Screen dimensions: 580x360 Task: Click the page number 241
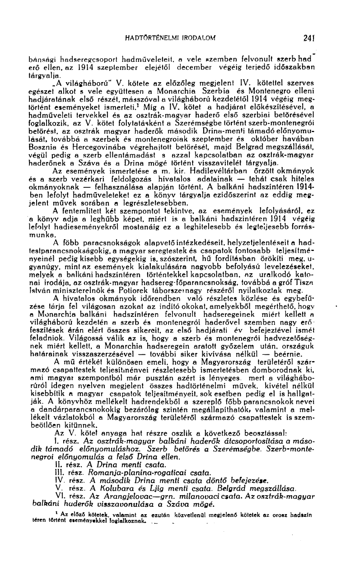pyautogui.click(x=309, y=37)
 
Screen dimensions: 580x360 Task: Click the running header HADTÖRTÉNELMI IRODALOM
pyautogui.click(x=170, y=37)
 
